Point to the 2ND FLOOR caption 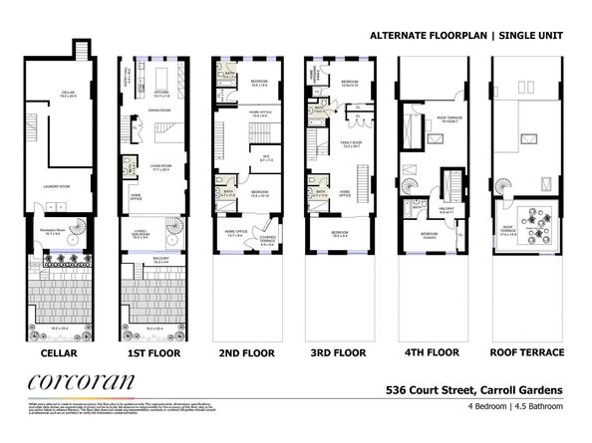coord(245,352)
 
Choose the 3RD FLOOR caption coord(338,352)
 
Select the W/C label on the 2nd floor coord(267,157)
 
